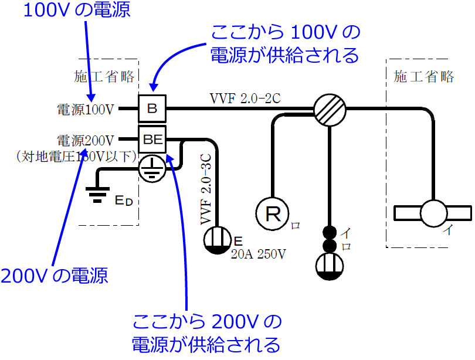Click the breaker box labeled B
(x=152, y=108)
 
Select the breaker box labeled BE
(x=152, y=140)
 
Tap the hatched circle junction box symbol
(x=329, y=108)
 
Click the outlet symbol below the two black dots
(x=329, y=266)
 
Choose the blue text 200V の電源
(x=54, y=276)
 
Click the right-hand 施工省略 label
(x=424, y=77)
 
